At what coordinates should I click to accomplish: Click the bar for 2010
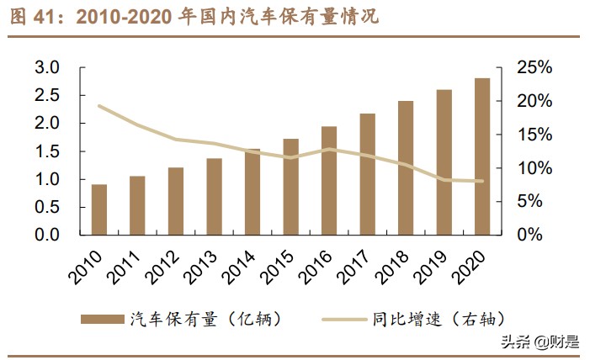[99, 209]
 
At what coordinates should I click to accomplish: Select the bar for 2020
[482, 156]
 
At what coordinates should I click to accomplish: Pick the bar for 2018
[406, 167]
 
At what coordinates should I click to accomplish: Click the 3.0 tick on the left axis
[47, 67]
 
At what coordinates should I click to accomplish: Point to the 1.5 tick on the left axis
[47, 151]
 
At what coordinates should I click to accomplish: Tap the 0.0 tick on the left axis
[47, 235]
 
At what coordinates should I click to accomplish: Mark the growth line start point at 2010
[99, 106]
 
